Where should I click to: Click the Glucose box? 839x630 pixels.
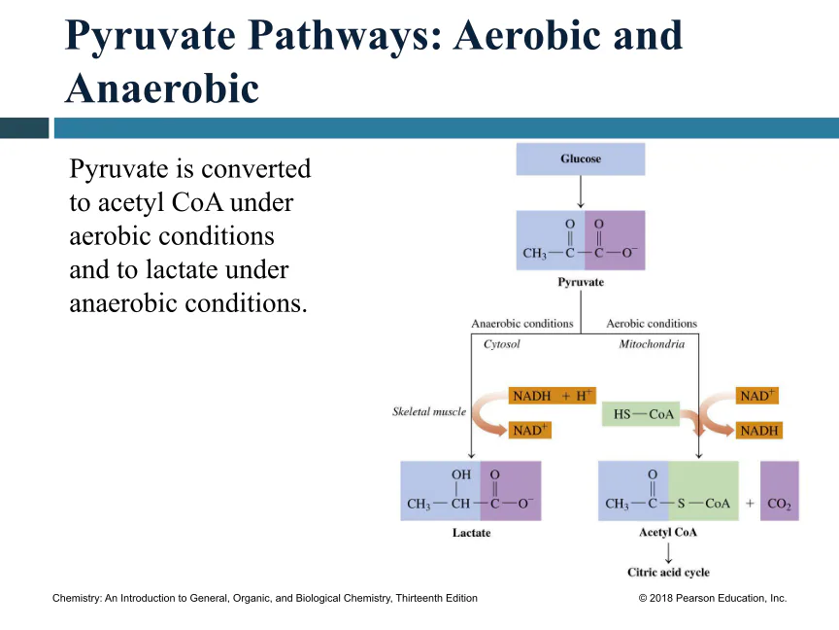pos(581,158)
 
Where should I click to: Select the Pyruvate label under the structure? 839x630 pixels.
pos(581,282)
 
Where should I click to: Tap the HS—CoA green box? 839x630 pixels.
pos(641,414)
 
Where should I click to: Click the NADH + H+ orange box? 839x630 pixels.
pos(552,396)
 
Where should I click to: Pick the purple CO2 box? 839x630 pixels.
pos(780,491)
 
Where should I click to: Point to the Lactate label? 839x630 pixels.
pos(471,533)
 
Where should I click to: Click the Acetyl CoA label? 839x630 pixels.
pos(668,532)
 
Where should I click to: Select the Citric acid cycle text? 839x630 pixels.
pos(668,572)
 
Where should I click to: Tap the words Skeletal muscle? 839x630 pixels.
pos(429,411)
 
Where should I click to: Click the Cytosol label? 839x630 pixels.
pos(501,344)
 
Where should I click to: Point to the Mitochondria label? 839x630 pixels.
pos(652,344)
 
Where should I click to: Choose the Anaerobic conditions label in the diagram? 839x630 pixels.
pos(522,324)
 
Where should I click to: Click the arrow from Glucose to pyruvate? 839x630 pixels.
pos(581,192)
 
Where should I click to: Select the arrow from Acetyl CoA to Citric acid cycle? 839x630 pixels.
pos(668,553)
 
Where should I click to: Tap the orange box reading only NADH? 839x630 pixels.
pos(758,430)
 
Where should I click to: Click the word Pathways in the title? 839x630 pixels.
pos(345,36)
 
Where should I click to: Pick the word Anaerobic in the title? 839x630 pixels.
pos(162,88)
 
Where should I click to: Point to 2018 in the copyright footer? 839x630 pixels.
pos(661,598)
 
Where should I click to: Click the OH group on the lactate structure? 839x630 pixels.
pos(460,474)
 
